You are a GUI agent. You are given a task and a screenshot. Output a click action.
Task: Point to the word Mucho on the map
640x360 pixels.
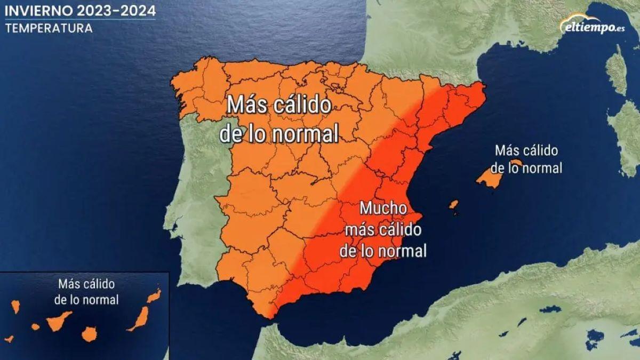[383, 208]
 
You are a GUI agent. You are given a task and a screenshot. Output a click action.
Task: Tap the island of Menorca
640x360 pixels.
[516, 163]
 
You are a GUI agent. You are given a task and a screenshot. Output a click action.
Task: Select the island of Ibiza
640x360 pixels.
[453, 204]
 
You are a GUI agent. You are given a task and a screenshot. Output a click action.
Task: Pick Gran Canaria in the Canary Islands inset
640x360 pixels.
[90, 334]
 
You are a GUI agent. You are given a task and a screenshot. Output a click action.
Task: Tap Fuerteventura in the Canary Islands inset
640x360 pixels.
[140, 318]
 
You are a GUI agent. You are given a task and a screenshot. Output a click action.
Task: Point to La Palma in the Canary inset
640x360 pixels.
[15, 307]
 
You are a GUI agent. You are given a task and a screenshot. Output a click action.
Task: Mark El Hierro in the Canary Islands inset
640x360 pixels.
[9, 338]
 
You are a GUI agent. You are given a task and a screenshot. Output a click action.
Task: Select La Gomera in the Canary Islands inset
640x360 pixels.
[35, 326]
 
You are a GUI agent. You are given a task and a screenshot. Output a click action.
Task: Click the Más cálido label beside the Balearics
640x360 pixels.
[526, 151]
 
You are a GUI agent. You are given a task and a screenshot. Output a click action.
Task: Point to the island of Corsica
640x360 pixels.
[617, 69]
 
